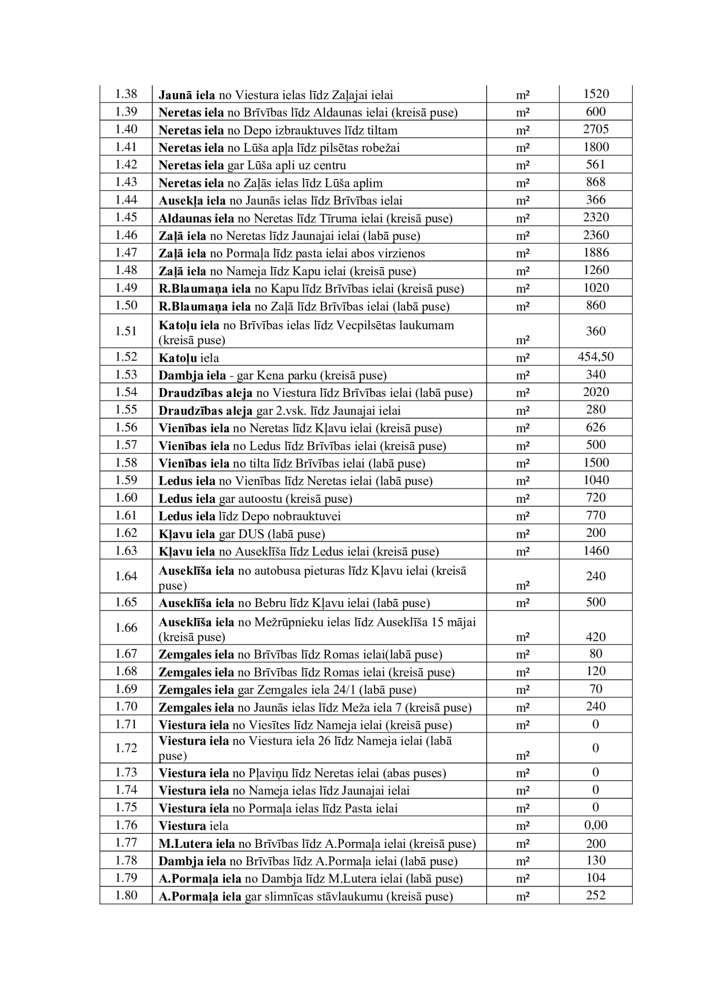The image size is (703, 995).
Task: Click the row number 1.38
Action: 126,94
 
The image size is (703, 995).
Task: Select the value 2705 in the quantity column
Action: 596,129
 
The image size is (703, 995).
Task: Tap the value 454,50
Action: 596,357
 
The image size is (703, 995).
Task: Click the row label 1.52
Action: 126,357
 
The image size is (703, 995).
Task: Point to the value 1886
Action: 596,253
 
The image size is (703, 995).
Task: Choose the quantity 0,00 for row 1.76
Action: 596,825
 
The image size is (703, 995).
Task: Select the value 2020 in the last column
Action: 596,393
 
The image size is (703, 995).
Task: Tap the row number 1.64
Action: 126,576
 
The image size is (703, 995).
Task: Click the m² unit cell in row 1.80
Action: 523,896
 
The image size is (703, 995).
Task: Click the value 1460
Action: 596,551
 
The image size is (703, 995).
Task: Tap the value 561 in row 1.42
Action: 596,165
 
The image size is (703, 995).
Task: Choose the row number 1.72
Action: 126,748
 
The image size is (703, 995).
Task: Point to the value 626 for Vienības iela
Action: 596,427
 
